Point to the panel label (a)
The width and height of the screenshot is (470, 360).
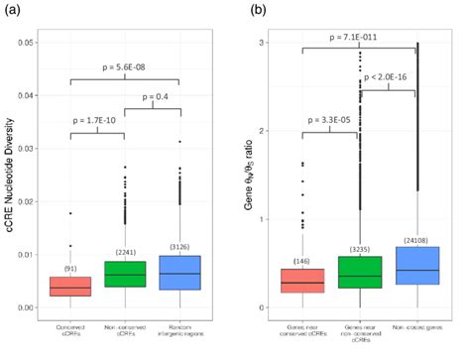point(12,9)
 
